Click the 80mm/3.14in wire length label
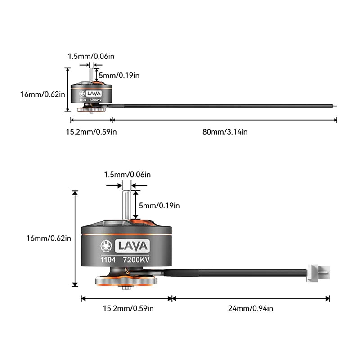(x=225, y=132)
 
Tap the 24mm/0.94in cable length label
(x=251, y=308)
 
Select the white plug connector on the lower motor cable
(x=318, y=273)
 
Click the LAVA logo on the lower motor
(x=132, y=246)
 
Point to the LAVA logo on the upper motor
(x=94, y=94)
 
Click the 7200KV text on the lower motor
(x=136, y=260)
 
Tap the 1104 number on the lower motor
(x=108, y=260)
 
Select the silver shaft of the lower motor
(x=126, y=205)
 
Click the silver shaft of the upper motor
(x=91, y=75)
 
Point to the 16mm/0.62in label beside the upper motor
(x=43, y=94)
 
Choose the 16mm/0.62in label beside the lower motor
(x=49, y=238)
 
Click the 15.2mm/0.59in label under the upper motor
(x=91, y=132)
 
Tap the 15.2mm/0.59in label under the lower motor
(x=128, y=308)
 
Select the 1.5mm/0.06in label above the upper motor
(x=91, y=57)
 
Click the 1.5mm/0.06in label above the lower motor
(x=127, y=175)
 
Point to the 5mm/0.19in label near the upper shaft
(x=119, y=76)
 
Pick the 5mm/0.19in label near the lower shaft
(x=159, y=206)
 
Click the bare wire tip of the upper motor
(x=335, y=106)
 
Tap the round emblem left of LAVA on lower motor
(x=106, y=246)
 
